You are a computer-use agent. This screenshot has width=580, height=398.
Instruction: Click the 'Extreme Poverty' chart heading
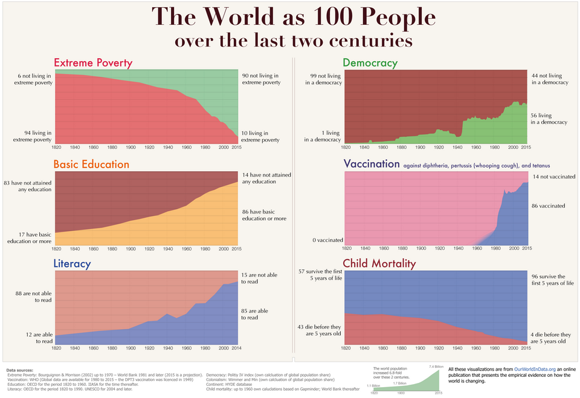[93, 63]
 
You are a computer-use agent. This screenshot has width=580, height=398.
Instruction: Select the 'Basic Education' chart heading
[91, 165]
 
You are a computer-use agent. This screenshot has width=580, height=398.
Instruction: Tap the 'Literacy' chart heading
[72, 264]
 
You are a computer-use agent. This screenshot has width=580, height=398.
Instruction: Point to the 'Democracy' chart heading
[370, 63]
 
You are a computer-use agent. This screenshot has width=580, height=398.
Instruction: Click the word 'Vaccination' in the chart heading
[372, 164]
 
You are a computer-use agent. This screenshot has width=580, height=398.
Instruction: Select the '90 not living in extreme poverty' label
[260, 79]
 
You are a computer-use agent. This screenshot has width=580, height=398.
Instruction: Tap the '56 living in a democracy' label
[549, 119]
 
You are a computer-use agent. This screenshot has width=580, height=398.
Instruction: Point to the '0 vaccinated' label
[327, 240]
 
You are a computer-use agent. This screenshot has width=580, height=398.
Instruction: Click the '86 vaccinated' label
[548, 206]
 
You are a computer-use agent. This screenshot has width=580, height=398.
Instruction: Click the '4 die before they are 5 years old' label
[549, 338]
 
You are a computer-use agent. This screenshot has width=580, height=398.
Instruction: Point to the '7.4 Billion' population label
[437, 366]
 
